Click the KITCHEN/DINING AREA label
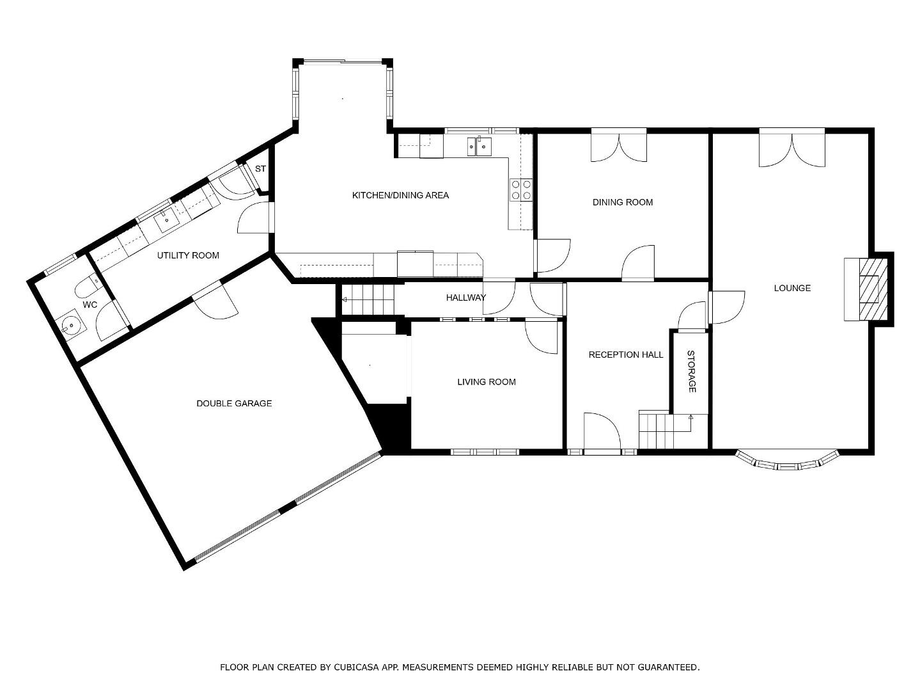point(400,195)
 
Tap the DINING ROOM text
point(623,202)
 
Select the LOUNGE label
point(792,288)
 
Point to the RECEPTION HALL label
point(626,354)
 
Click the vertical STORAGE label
point(692,372)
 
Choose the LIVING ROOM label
point(486,382)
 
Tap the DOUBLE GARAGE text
point(234,403)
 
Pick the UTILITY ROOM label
point(188,255)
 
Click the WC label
point(90,305)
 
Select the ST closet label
point(260,168)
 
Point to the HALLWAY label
point(465,298)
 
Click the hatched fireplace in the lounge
point(873,289)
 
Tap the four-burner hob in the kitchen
point(521,189)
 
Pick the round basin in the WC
point(72,324)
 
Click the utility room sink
point(166,219)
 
